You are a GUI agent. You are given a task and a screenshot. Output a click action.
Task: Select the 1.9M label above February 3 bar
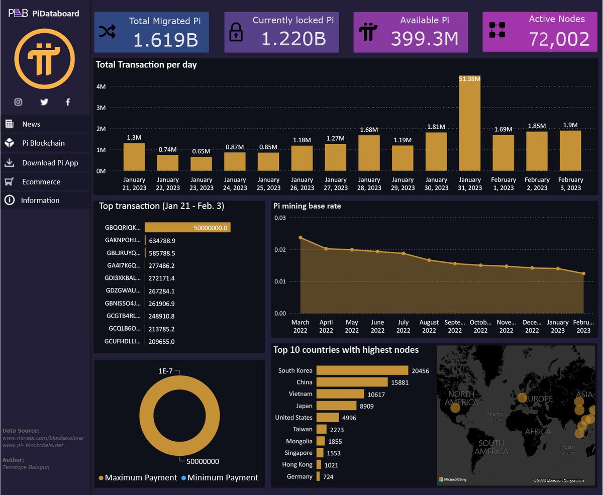(x=570, y=125)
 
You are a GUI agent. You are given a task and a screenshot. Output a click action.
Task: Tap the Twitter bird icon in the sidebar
(x=44, y=102)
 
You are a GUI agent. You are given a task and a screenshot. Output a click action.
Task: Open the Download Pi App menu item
(x=50, y=163)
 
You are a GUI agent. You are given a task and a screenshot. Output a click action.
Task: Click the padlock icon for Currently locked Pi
(x=236, y=33)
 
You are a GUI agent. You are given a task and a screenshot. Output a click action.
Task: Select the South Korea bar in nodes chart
(x=362, y=370)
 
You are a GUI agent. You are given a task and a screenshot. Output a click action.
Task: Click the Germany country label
(x=299, y=476)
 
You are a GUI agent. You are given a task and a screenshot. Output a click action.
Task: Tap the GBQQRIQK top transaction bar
(x=187, y=228)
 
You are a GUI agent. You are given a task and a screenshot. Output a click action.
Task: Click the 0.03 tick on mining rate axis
(x=279, y=218)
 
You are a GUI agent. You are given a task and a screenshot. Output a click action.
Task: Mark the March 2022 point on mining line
(x=300, y=238)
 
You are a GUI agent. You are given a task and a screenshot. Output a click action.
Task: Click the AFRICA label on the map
(x=538, y=432)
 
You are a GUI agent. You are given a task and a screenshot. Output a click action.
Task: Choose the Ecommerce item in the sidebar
(x=41, y=182)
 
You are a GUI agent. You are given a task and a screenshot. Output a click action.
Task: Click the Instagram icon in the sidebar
(x=18, y=102)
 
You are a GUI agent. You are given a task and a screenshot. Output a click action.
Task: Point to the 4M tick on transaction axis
(x=100, y=86)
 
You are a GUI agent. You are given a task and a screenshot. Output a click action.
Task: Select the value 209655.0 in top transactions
(x=162, y=342)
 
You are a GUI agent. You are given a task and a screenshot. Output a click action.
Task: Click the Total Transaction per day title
(x=146, y=64)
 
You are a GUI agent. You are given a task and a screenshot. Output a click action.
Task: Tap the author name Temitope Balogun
(x=26, y=467)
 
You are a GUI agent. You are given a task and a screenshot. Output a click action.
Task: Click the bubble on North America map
(x=455, y=408)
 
